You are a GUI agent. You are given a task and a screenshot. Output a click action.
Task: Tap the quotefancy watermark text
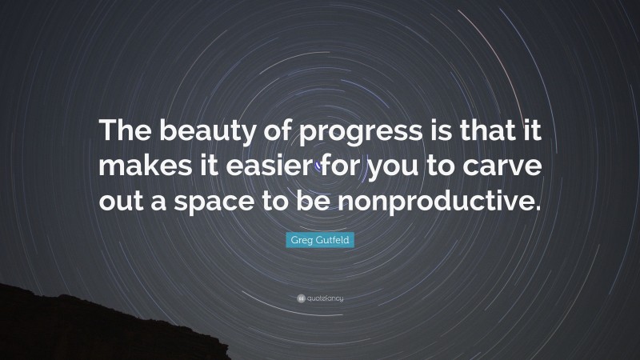[x=324, y=298]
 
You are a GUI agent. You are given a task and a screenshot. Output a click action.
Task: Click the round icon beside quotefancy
[x=300, y=298]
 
